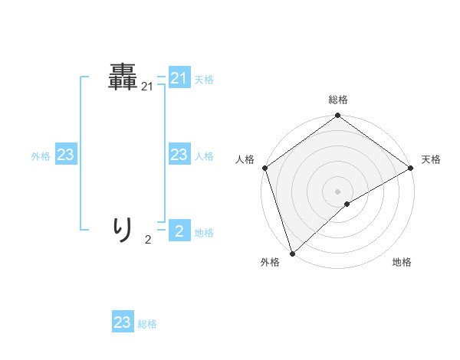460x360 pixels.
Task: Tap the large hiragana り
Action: tap(123, 228)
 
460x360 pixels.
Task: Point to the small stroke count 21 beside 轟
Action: tap(147, 88)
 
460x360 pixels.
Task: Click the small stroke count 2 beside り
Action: tap(148, 240)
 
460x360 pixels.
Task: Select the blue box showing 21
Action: tap(179, 78)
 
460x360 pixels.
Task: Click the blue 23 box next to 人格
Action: tap(179, 155)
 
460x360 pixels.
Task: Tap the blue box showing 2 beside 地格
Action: tap(179, 232)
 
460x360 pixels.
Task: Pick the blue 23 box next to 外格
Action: tap(66, 155)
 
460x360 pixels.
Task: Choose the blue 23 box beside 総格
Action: tap(123, 322)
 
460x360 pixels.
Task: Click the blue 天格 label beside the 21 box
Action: tap(204, 79)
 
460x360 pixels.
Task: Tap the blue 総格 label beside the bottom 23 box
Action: tap(147, 324)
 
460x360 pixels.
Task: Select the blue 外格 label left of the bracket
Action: tap(41, 156)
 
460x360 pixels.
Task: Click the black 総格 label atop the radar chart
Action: tap(338, 100)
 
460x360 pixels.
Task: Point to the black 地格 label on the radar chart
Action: tap(402, 263)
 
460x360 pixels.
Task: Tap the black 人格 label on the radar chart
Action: tap(245, 159)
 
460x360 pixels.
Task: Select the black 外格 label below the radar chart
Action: tap(270, 263)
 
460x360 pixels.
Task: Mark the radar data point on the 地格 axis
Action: tap(347, 204)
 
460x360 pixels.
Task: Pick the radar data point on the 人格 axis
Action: tap(264, 168)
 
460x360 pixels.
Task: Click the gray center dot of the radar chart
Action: tap(337, 191)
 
